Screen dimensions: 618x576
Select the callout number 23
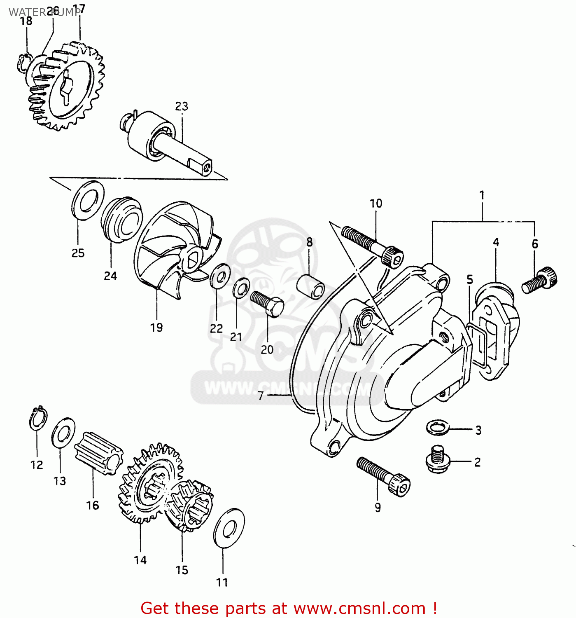[x=182, y=106]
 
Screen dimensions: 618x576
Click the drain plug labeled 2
[x=437, y=459]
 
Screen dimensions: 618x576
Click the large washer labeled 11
[x=229, y=528]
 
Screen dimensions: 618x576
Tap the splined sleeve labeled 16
[x=99, y=453]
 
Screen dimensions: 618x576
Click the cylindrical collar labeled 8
[x=311, y=286]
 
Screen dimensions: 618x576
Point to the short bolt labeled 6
[x=540, y=280]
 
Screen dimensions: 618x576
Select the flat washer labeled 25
[x=88, y=200]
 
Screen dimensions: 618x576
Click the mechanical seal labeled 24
[x=121, y=219]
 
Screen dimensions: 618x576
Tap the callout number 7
[x=261, y=396]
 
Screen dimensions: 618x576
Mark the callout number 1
[x=482, y=195]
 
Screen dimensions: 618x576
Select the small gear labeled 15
[x=190, y=505]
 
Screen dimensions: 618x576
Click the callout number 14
[x=140, y=560]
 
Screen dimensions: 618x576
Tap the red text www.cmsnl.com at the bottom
[x=359, y=608]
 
